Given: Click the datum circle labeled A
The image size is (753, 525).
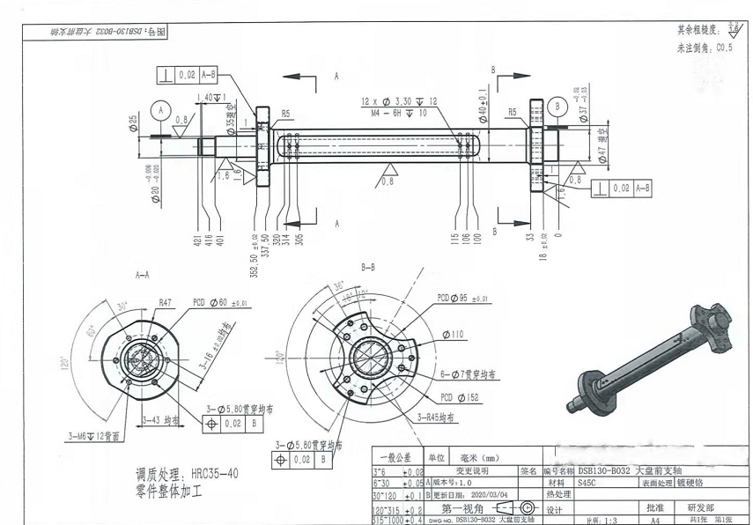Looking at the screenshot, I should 159,111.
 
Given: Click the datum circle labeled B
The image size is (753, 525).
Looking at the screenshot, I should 557,107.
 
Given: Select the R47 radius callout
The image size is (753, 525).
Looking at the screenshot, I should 166,302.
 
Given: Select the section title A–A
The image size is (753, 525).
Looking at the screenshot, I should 143,276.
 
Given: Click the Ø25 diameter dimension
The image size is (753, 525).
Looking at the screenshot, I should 135,121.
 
